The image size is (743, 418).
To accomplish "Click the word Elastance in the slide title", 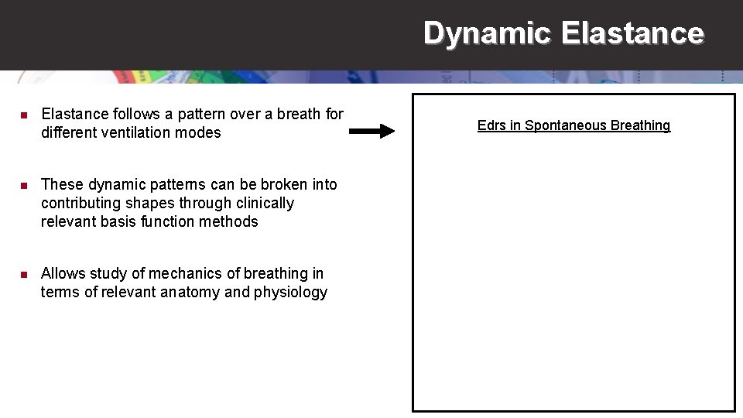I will click(x=632, y=33).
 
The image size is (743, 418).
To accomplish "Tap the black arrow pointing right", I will click(x=371, y=132).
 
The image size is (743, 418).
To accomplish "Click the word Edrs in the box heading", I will click(x=491, y=125).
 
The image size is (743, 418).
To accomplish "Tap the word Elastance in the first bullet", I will click(x=75, y=114).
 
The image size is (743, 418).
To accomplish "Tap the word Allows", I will click(x=63, y=273).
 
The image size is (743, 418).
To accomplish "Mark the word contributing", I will click(x=80, y=203).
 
